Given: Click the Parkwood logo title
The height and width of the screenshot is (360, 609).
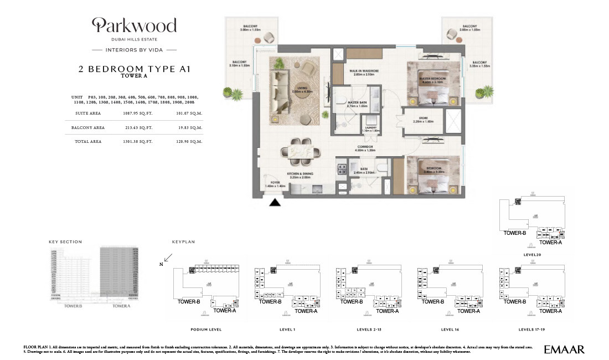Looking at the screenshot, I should click(x=135, y=25).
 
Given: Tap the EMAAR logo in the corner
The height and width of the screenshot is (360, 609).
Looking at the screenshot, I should click(x=564, y=349).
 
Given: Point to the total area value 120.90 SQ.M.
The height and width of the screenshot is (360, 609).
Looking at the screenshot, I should click(x=189, y=142).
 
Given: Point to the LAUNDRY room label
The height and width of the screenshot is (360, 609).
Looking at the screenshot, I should click(x=370, y=128).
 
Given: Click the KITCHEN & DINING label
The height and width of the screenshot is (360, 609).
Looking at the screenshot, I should click(x=300, y=174).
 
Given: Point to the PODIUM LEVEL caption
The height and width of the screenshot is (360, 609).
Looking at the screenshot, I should click(x=206, y=328).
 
